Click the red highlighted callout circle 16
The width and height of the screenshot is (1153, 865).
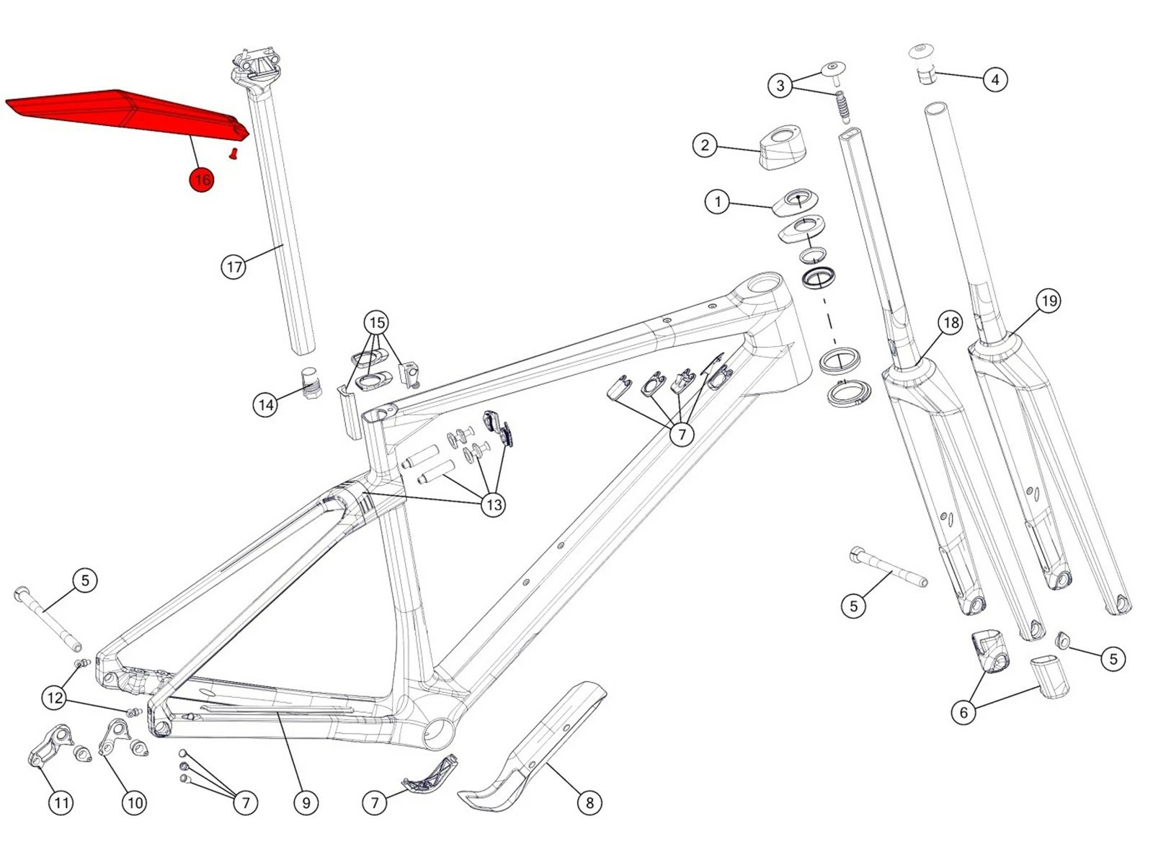[x=202, y=179]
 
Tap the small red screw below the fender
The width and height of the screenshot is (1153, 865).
[x=233, y=153]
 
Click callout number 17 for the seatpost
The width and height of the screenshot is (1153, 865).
[x=233, y=267]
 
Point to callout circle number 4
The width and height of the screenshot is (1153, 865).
[x=995, y=79]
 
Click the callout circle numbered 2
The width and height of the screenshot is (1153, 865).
[x=705, y=146]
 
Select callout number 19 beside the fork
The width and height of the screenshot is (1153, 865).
[x=1049, y=301]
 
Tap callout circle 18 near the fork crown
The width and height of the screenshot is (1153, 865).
[x=951, y=322]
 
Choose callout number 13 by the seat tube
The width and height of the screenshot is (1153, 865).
[x=494, y=505]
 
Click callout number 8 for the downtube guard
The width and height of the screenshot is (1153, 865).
[x=589, y=802]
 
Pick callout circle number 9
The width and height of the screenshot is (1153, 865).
[x=306, y=802]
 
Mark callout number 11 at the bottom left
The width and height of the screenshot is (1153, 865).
[x=61, y=802]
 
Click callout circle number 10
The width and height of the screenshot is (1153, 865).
[x=135, y=802]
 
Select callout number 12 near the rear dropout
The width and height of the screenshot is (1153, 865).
[x=54, y=698]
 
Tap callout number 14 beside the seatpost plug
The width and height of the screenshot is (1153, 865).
[x=266, y=405]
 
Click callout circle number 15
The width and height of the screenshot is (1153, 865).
[x=377, y=322]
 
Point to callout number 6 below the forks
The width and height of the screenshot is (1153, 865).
[x=963, y=713]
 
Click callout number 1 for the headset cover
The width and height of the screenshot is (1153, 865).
[x=717, y=201]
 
